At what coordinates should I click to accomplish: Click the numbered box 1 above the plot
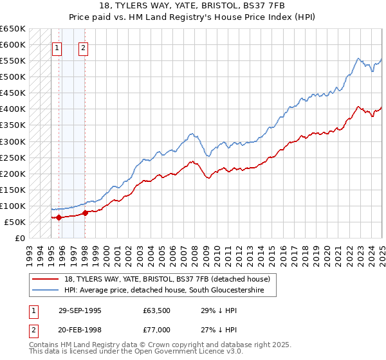pyautogui.click(x=57, y=47)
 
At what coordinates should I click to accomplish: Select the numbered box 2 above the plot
pyautogui.click(x=84, y=47)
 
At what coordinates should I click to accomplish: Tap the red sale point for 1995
pyautogui.click(x=59, y=217)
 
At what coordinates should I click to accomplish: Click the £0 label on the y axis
pyautogui.click(x=20, y=238)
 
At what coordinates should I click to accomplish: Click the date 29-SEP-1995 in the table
pyautogui.click(x=80, y=310)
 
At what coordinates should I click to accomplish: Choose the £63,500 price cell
pyautogui.click(x=156, y=310)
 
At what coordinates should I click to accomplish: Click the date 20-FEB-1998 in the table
pyautogui.click(x=80, y=330)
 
